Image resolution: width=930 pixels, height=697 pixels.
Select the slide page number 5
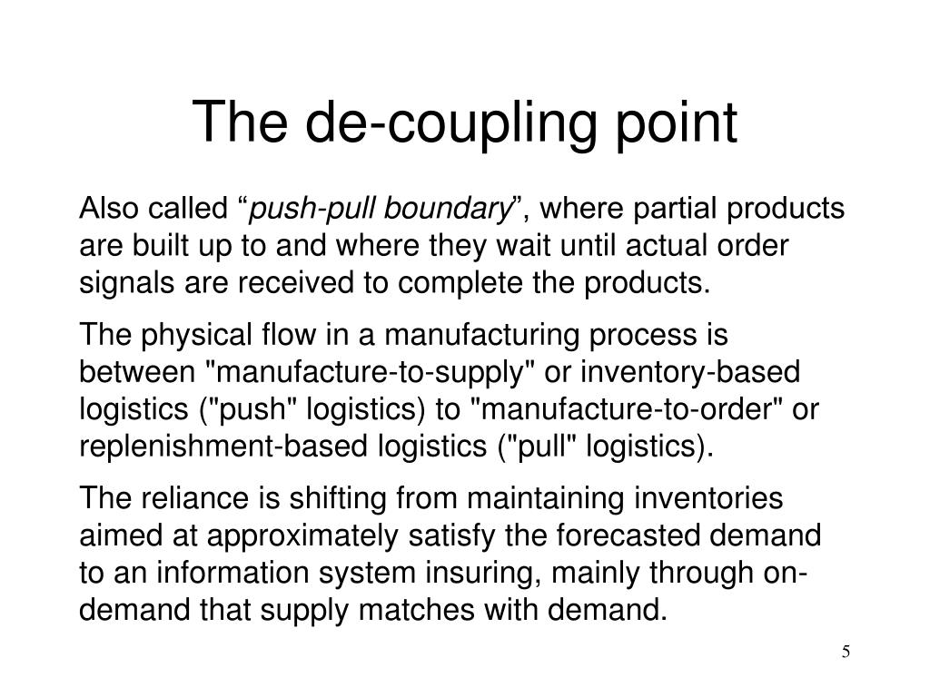(x=846, y=653)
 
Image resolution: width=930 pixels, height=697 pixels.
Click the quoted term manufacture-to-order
(x=627, y=409)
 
